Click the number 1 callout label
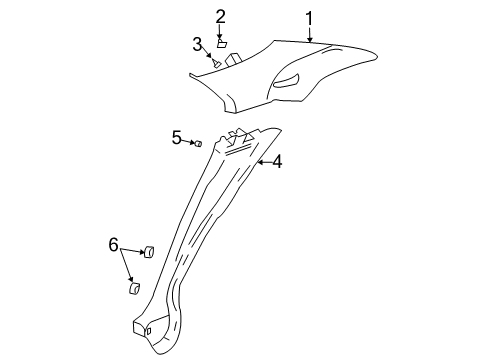point(310,17)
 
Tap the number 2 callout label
point(220,15)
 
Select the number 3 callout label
point(198,43)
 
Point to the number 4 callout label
point(277,160)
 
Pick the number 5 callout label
point(176,137)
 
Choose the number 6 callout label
point(114,245)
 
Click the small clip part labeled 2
point(221,43)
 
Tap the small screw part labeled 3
point(216,63)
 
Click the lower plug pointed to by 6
point(133,290)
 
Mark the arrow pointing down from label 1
point(311,34)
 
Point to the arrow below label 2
point(220,32)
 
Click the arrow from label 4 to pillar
point(264,160)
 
